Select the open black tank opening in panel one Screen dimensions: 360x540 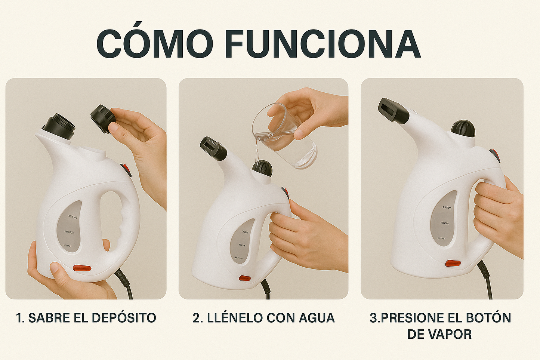point(59,126)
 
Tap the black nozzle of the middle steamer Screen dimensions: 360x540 point(213,148)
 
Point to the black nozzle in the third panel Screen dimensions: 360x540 point(393,111)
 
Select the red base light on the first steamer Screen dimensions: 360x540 point(82,268)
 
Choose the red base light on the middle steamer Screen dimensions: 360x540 point(244,278)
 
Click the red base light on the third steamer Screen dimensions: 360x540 point(453,263)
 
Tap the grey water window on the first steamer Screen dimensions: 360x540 point(70,226)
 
